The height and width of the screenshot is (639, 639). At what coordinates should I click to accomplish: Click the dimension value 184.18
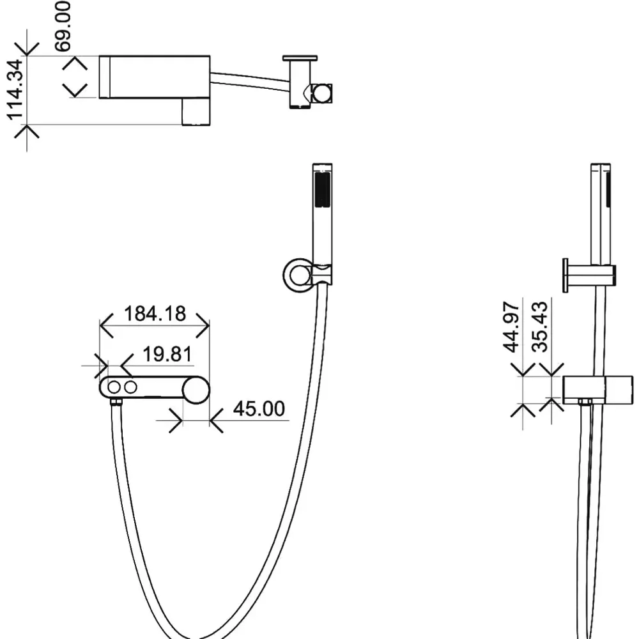click(x=155, y=314)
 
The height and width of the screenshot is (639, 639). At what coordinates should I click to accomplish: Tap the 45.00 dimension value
click(x=259, y=409)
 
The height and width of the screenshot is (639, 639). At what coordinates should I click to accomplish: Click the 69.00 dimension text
click(x=63, y=26)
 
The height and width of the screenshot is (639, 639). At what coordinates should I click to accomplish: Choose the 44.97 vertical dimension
click(x=512, y=327)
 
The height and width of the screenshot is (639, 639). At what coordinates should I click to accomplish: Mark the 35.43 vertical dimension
click(x=541, y=327)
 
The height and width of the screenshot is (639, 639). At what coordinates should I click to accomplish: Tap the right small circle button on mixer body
click(x=130, y=387)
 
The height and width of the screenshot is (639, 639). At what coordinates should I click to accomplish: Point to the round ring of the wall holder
click(x=297, y=275)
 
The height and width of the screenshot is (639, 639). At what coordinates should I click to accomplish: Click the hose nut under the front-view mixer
click(x=116, y=403)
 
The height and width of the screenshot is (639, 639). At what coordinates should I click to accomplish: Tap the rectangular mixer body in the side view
click(x=597, y=390)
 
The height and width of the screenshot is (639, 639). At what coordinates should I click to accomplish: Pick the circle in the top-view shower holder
click(x=322, y=94)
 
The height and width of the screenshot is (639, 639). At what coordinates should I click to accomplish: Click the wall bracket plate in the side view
click(x=566, y=275)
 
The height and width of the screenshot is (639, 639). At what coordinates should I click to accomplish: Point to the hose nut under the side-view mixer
click(x=583, y=403)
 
